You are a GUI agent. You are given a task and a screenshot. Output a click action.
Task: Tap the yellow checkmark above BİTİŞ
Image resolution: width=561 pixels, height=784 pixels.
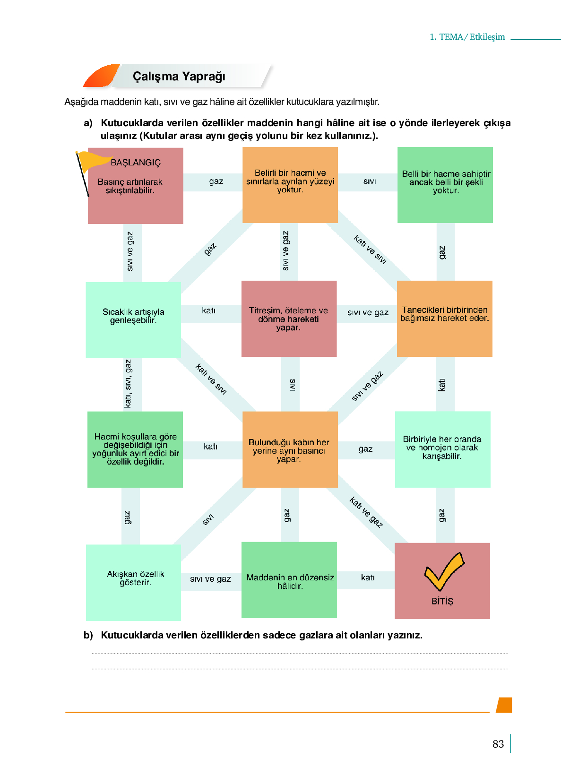pos(444,571)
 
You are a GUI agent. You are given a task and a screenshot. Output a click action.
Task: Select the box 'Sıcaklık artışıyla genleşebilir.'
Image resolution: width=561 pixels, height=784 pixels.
pos(133,320)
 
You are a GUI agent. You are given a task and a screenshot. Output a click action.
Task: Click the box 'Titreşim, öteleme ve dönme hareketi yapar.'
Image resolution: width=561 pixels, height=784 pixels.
pos(289,319)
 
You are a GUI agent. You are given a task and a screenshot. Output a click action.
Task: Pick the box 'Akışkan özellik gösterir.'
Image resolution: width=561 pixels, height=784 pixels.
pos(134,582)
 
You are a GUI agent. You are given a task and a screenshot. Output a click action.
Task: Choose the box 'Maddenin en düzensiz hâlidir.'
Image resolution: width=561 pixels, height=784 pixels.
pos(289,580)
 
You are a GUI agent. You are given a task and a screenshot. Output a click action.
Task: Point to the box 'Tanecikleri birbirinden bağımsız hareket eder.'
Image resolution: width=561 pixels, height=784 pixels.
pos(444,319)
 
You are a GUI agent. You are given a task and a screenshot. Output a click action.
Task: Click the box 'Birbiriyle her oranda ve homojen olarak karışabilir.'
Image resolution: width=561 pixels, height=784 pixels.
pos(443,449)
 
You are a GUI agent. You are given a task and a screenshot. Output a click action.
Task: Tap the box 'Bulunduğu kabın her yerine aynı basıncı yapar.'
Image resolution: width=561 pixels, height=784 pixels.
pos(290,449)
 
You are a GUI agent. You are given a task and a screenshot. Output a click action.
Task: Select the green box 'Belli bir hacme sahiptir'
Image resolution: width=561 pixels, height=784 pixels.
pos(445,185)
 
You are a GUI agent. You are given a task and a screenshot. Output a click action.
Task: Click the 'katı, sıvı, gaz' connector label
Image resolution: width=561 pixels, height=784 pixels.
pos(128,384)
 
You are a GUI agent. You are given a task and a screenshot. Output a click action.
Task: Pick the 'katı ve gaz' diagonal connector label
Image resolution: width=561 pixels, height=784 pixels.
pos(366,512)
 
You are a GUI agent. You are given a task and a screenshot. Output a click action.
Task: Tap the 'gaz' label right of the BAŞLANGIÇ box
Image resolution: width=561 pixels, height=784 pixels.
pos(216,181)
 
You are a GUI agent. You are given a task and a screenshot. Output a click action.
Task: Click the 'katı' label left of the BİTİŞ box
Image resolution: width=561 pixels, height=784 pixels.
pos(368,577)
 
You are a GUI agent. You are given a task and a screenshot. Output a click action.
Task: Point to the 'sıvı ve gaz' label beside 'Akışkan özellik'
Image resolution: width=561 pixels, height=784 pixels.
pos(210,579)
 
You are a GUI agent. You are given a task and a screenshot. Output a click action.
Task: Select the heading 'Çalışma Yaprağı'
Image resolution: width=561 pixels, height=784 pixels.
pos(179,76)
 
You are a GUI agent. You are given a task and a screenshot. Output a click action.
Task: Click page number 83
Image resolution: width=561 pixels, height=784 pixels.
pos(498,744)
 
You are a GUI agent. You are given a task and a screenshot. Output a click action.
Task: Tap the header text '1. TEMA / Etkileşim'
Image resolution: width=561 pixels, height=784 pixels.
pos(467,37)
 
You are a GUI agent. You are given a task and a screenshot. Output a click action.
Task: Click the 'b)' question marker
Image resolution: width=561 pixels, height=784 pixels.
pos(88,635)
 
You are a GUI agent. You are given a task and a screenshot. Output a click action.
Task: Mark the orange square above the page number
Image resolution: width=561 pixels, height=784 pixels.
pos(504,705)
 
